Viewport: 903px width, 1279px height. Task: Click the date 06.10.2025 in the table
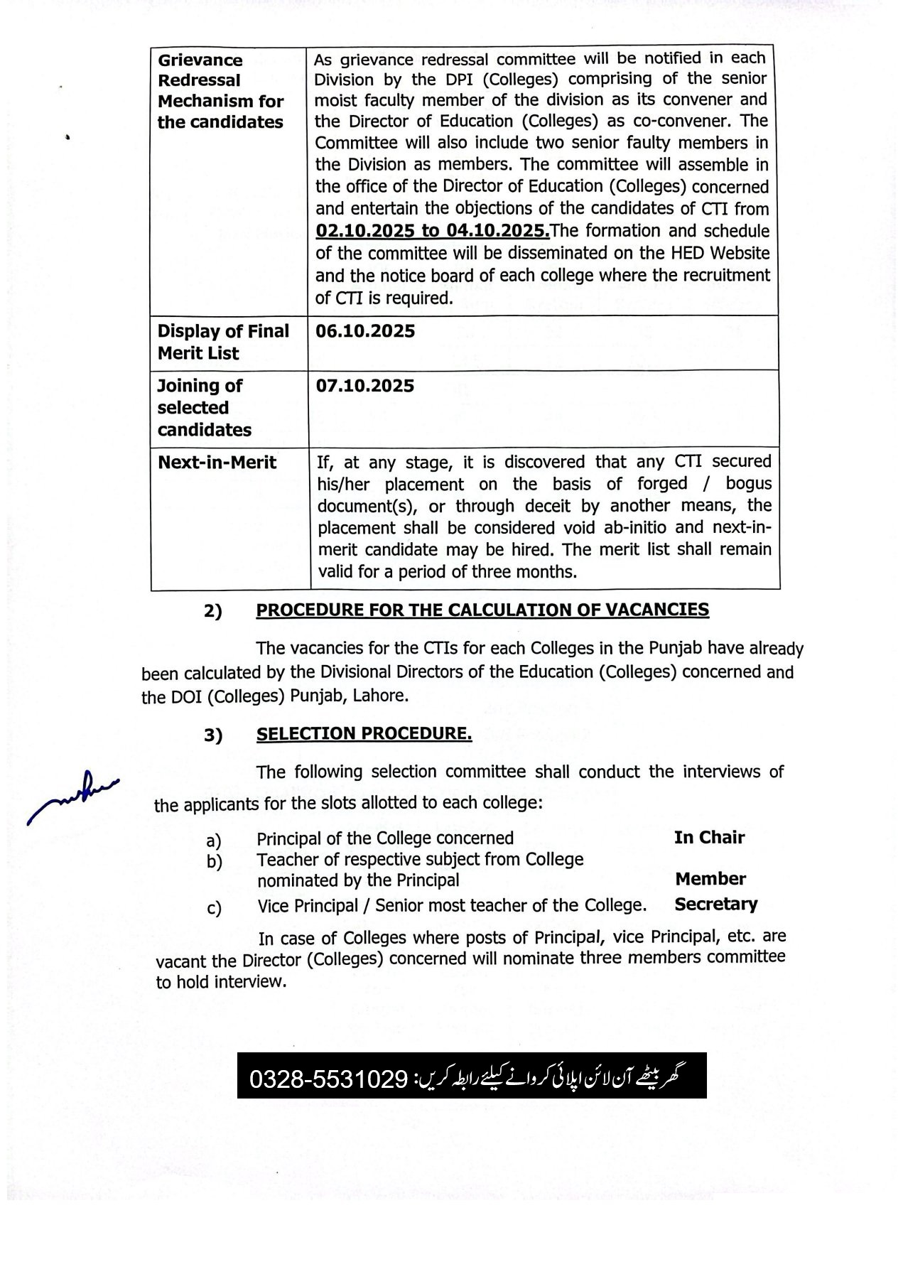[365, 332]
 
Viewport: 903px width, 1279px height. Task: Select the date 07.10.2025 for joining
[365, 387]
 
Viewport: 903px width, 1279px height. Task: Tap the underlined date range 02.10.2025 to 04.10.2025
[432, 231]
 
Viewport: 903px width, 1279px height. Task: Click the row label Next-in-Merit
[217, 463]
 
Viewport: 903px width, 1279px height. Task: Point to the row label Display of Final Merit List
[223, 342]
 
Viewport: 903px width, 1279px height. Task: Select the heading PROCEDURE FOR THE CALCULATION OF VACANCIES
[482, 610]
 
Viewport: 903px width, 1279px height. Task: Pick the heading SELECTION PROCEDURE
[364, 733]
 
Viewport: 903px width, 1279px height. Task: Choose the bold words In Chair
[709, 838]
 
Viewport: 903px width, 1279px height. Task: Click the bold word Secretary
[715, 904]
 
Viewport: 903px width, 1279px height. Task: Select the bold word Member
[710, 879]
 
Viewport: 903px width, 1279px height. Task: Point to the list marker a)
[214, 841]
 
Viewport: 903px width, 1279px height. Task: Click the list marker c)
[214, 908]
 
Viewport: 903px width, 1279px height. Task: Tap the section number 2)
[213, 611]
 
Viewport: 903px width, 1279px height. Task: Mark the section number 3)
[213, 735]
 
